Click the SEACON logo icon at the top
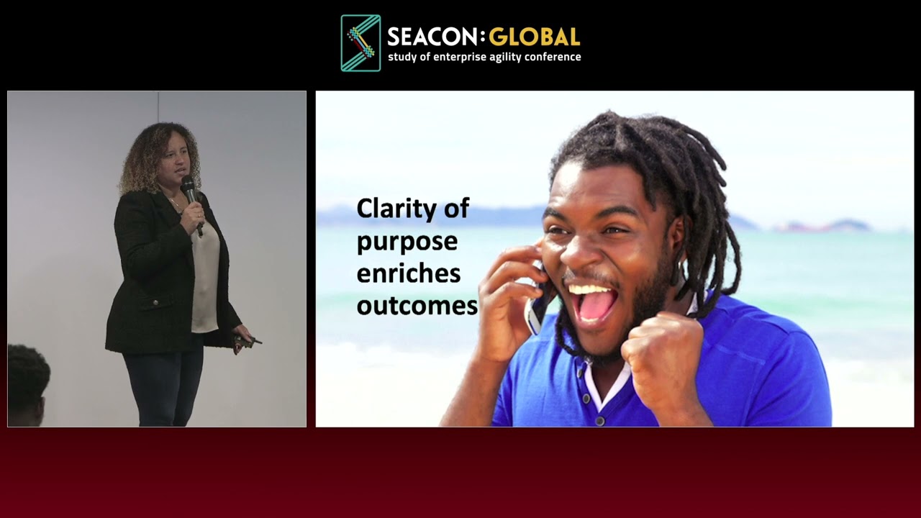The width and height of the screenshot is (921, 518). (360, 43)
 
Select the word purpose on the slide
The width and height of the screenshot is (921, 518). (407, 242)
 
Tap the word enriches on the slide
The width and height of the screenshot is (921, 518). (409, 273)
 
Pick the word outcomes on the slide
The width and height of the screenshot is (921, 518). (417, 306)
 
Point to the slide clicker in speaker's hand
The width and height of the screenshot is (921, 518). (245, 341)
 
